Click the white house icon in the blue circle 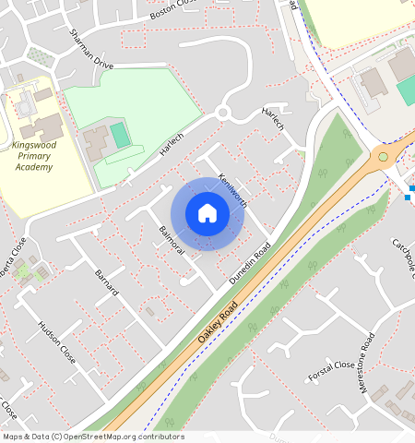[x=207, y=214]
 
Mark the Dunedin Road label [x=250, y=264]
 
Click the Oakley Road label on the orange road [x=218, y=322]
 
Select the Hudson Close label [x=57, y=342]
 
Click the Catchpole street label [x=405, y=255]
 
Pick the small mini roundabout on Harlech [x=221, y=114]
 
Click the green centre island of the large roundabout [x=383, y=157]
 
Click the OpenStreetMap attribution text [x=94, y=437]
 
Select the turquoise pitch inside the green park [x=121, y=136]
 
